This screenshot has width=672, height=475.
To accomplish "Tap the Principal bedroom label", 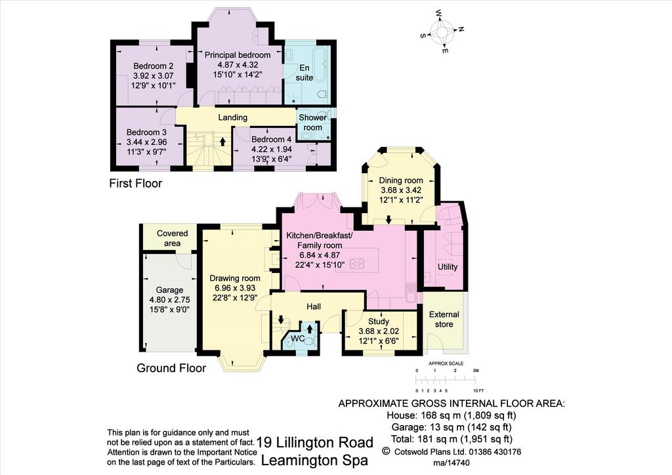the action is pyautogui.click(x=238, y=55).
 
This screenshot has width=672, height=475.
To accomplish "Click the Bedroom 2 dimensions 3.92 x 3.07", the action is pyautogui.click(x=153, y=76).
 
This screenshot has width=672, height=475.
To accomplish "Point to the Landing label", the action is pyautogui.click(x=233, y=117).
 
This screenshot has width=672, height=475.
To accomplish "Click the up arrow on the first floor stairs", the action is pyautogui.click(x=222, y=142).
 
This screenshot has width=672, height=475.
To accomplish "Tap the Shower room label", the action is pyautogui.click(x=313, y=123).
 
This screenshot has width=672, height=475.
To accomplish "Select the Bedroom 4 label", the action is pyautogui.click(x=271, y=139).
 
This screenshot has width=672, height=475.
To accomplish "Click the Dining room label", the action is pyautogui.click(x=401, y=180).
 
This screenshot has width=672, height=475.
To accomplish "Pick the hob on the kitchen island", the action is pyautogui.click(x=356, y=263).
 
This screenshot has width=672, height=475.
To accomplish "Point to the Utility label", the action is pyautogui.click(x=448, y=267).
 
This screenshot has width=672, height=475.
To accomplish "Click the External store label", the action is pyautogui.click(x=444, y=319).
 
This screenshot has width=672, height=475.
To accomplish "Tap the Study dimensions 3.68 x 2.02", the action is pyautogui.click(x=379, y=331).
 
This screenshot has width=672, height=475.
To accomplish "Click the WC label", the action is pyautogui.click(x=298, y=339).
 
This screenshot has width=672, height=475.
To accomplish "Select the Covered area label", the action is pyautogui.click(x=173, y=238).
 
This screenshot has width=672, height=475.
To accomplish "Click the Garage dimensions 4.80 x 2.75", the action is pyautogui.click(x=170, y=300).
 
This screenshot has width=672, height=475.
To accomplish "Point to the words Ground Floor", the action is pyautogui.click(x=171, y=368).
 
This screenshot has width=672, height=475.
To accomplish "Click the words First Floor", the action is pyautogui.click(x=135, y=183).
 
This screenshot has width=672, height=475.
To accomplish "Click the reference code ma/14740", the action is pyautogui.click(x=451, y=463).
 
